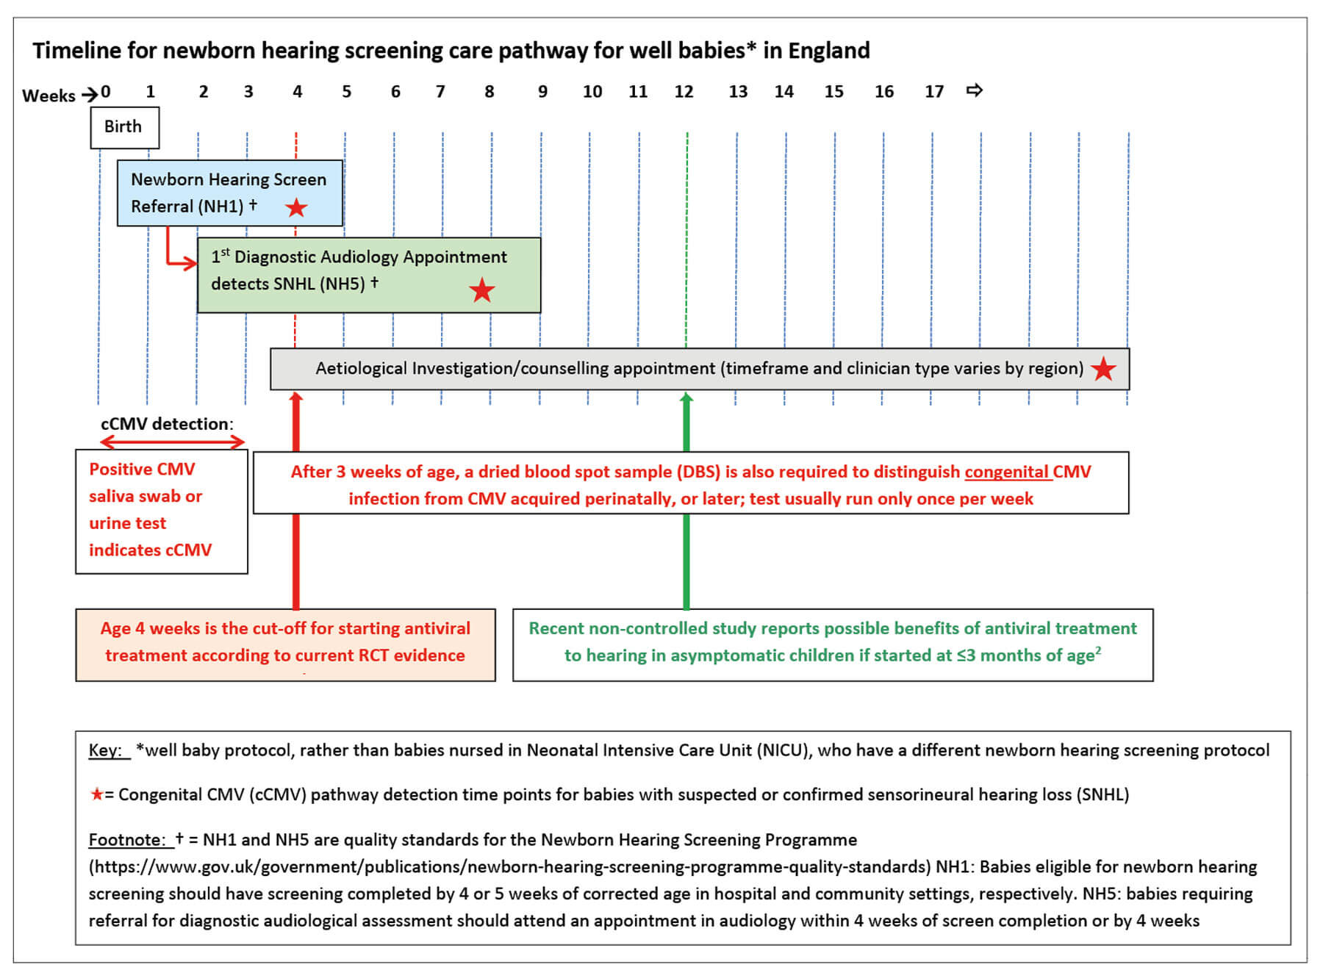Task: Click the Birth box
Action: click(123, 127)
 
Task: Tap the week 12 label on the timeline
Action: click(684, 92)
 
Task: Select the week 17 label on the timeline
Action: click(933, 92)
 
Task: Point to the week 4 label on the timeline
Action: click(297, 92)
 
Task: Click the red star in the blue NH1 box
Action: click(296, 208)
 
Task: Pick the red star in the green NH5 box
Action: click(481, 290)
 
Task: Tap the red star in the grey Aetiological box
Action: click(1103, 369)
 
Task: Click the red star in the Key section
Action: click(96, 794)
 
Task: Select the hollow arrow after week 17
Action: click(975, 90)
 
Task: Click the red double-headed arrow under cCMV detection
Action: click(172, 442)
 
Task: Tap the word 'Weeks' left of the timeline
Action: click(49, 96)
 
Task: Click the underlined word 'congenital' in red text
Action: click(1006, 472)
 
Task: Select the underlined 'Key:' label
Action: click(106, 750)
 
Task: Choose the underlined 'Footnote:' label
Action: click(127, 840)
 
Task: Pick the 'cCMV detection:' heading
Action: click(167, 424)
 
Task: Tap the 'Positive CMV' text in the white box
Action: click(142, 470)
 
